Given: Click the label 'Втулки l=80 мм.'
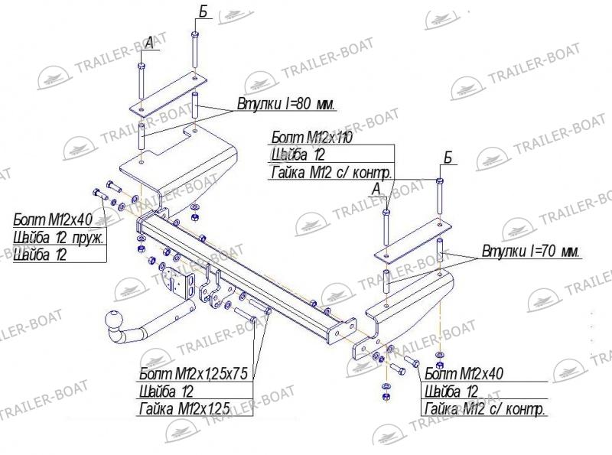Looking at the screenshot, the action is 286,105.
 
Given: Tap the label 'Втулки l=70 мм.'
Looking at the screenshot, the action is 531,251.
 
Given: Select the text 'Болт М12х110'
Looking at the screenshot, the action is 311,138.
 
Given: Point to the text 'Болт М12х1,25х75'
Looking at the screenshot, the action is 194,374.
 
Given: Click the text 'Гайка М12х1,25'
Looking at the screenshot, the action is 184,409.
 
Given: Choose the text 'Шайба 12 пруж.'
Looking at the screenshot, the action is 59,237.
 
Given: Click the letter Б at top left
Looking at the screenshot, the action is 203,12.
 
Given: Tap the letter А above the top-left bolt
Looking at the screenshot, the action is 149,44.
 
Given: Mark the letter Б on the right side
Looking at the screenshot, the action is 448,158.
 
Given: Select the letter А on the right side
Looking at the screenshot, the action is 376,190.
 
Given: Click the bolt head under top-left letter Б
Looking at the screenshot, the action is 195,34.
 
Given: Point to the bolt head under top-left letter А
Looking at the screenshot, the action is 142,66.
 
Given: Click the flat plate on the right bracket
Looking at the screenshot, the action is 413,240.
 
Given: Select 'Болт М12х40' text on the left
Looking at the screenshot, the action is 53,219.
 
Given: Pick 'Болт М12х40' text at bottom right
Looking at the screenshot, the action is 464,374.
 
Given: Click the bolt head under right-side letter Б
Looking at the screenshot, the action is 440,181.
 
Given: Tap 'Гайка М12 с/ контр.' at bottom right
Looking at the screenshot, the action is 484,409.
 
